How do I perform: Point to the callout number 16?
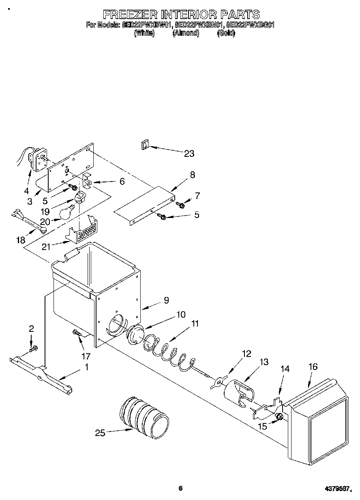coord(313,367)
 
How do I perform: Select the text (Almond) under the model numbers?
coord(186,34)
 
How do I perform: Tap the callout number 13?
coord(264,362)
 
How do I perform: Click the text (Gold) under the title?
coord(226,34)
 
